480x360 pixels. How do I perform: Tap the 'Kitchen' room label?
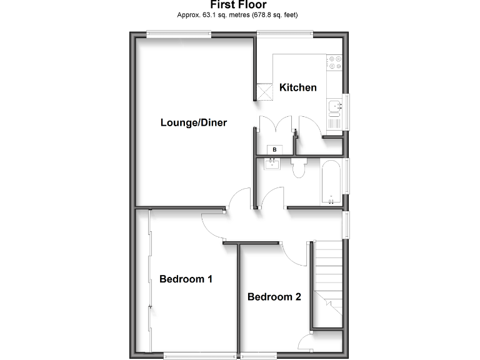click(x=297, y=87)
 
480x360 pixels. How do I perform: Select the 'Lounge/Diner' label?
click(x=194, y=122)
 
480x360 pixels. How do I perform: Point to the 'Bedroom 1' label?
click(x=186, y=279)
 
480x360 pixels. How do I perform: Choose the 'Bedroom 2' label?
click(x=274, y=297)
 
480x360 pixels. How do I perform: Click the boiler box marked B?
click(x=274, y=150)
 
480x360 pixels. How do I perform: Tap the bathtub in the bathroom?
click(x=331, y=182)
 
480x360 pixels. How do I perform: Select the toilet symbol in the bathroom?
click(x=298, y=167)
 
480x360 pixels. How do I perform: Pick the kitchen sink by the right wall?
click(x=334, y=108)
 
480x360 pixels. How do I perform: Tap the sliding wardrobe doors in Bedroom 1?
click(x=149, y=281)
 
